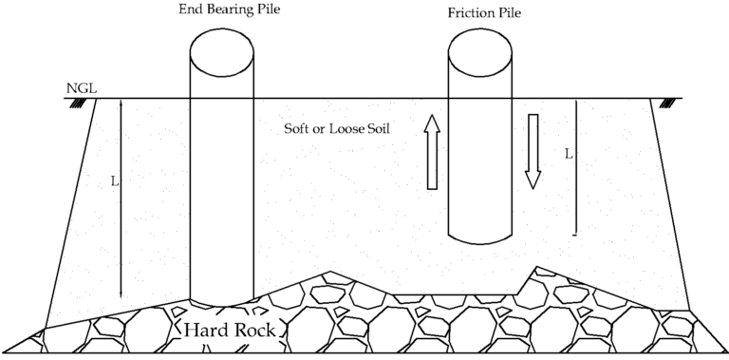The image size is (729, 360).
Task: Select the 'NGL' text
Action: (x=79, y=89)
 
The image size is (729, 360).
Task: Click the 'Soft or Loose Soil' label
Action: (x=338, y=128)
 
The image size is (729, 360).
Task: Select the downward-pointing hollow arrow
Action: (x=533, y=150)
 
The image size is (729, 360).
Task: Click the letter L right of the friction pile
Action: (x=568, y=152)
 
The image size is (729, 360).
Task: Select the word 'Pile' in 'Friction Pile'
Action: (x=510, y=14)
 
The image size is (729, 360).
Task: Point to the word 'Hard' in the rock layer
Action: (x=201, y=332)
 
